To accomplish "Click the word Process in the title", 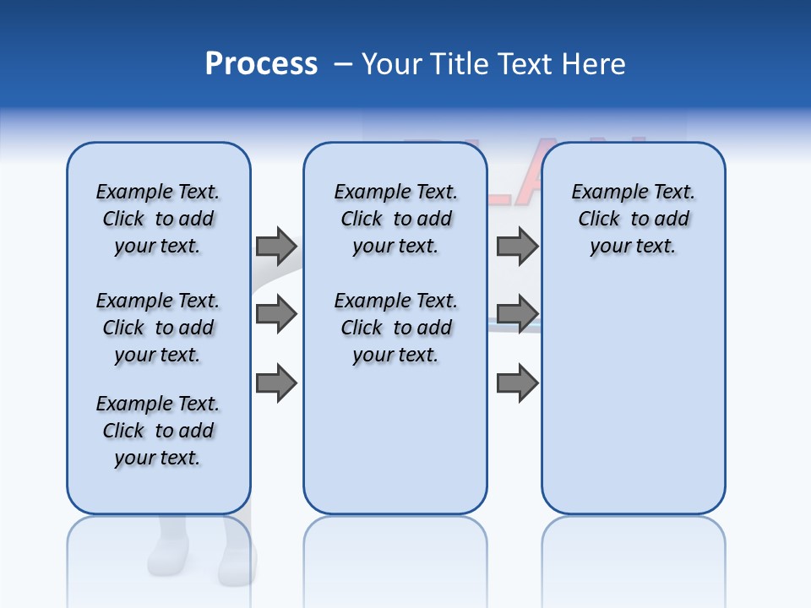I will tap(261, 64).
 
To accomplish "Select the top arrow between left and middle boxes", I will tap(276, 246).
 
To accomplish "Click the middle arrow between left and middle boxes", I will tap(276, 314).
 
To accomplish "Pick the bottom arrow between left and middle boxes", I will tap(276, 383).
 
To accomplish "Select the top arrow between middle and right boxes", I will tap(517, 246).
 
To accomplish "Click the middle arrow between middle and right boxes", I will tap(517, 314).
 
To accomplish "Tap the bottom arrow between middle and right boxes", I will tap(517, 383).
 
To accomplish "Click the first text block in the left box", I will tap(158, 219).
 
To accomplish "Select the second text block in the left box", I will tap(158, 328).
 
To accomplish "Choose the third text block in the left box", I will tap(158, 431).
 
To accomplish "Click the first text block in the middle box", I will tap(396, 219).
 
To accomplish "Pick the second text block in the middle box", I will tap(396, 328).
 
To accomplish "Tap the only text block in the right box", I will tap(634, 219).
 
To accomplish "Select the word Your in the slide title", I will tap(391, 64).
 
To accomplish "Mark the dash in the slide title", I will tap(342, 64).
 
